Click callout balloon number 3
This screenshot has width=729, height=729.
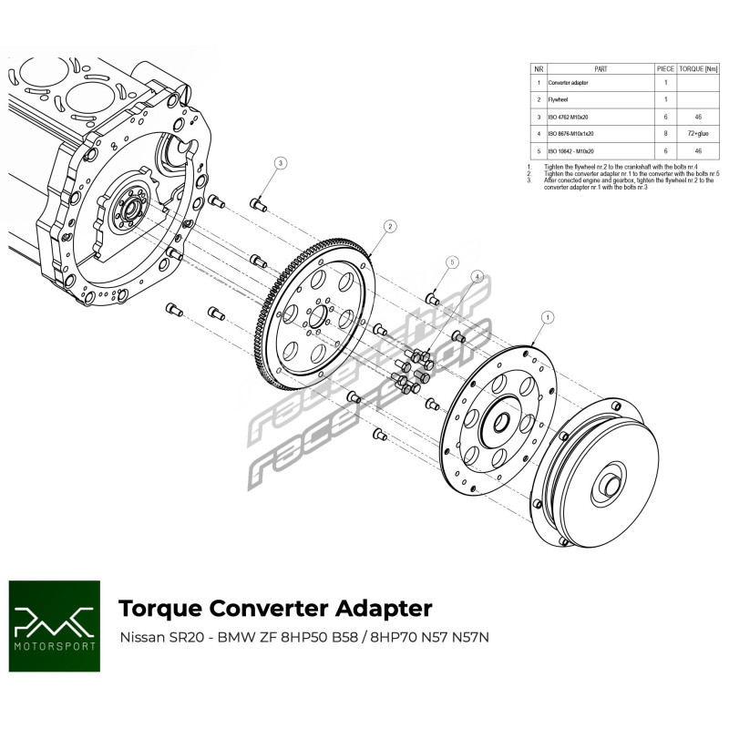click(281, 163)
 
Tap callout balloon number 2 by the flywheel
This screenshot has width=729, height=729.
click(389, 226)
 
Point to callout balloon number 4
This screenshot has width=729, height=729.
click(477, 276)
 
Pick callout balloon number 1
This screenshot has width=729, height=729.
click(548, 317)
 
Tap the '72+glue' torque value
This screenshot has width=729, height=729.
click(697, 133)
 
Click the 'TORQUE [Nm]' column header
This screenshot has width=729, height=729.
click(697, 68)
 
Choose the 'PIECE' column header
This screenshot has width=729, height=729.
click(665, 68)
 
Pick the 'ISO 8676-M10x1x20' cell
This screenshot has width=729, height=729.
click(579, 133)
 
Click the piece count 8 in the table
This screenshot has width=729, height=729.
click(665, 133)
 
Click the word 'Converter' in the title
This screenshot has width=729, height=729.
click(270, 608)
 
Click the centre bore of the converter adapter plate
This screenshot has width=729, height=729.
click(500, 420)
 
